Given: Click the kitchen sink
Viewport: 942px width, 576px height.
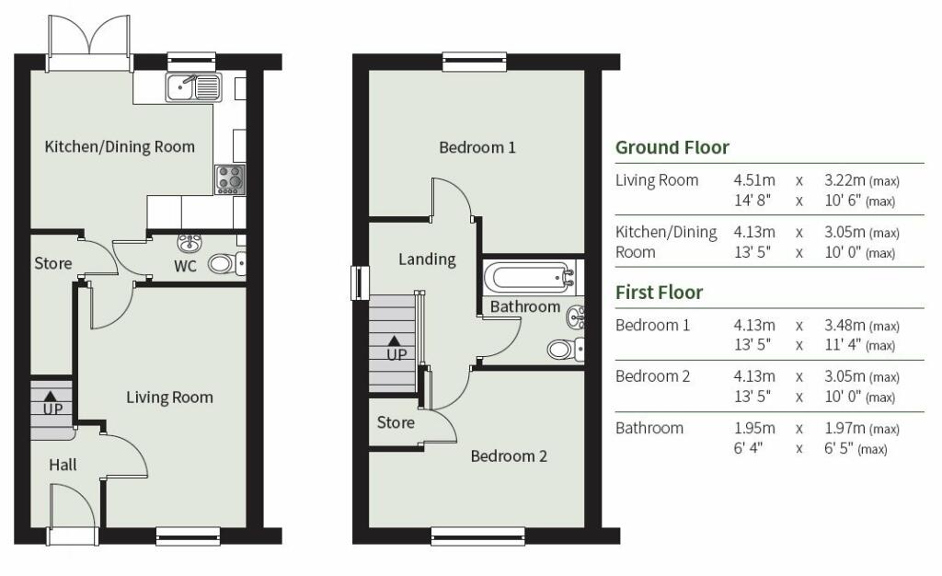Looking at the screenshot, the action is coord(194,87).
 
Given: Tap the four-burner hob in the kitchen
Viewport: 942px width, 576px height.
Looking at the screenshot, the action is coord(230,179).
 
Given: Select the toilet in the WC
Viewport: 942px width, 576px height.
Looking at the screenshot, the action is coord(226,264).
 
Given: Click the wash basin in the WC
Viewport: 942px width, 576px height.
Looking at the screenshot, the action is coord(190,243).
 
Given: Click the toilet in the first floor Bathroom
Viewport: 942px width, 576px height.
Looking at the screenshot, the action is coord(566,349).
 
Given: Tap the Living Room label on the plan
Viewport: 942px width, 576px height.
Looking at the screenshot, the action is coord(169,397).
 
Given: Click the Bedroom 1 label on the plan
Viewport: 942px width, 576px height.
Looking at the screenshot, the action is coord(477,147).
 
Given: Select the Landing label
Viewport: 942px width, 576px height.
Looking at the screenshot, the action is coord(427,259).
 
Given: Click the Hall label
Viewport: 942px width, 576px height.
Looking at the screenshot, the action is coord(63,465).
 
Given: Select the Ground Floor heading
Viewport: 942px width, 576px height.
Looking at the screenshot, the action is coord(672,147).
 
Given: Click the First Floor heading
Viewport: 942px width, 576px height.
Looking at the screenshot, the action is coord(659,293).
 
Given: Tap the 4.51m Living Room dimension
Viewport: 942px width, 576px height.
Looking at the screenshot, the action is coord(754,180).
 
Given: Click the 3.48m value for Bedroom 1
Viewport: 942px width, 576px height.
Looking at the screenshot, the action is coord(844,326).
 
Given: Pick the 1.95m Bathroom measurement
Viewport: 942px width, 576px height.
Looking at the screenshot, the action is coord(754,428).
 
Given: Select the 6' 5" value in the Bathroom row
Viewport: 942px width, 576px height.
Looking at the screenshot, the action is coord(839,448).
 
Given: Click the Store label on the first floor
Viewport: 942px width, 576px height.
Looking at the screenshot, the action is coord(396,423).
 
